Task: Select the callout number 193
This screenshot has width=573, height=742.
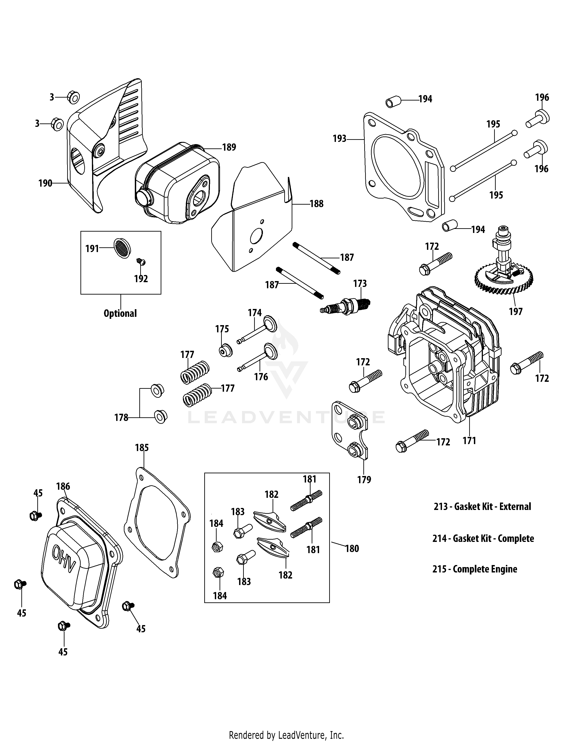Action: click(340, 139)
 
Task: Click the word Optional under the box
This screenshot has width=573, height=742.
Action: click(120, 313)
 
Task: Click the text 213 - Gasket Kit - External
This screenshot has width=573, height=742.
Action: click(482, 507)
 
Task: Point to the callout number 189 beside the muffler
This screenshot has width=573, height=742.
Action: click(229, 147)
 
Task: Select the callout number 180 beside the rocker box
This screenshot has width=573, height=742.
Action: click(352, 549)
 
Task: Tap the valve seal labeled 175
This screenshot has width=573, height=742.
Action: click(225, 350)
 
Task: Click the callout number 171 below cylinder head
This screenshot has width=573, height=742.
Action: click(469, 441)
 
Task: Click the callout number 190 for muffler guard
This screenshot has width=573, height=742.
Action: click(45, 183)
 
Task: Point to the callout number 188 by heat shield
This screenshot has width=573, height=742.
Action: click(316, 204)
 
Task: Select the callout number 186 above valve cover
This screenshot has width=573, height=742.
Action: click(63, 487)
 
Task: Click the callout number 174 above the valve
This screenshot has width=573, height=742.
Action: click(255, 313)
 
